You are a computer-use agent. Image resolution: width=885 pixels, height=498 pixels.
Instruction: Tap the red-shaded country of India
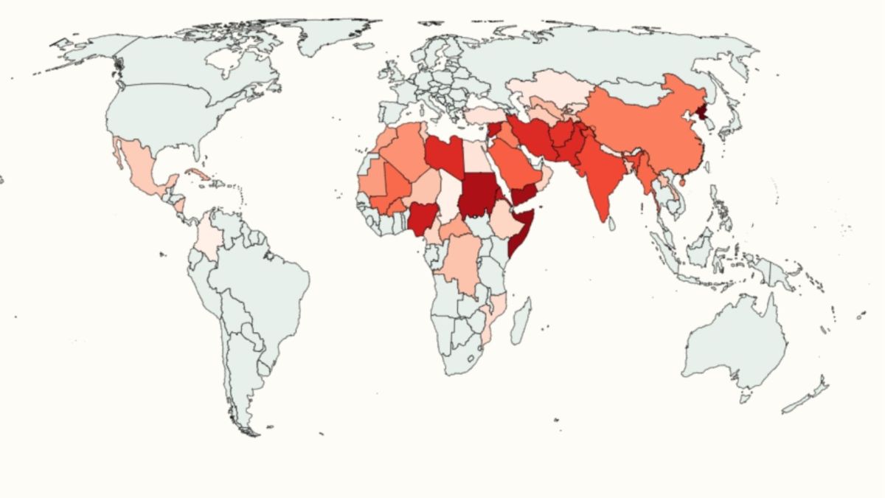point(601,177)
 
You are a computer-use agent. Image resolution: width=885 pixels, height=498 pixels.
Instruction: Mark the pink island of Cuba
point(198,175)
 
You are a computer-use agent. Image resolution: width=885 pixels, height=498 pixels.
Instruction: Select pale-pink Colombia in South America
point(209,236)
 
